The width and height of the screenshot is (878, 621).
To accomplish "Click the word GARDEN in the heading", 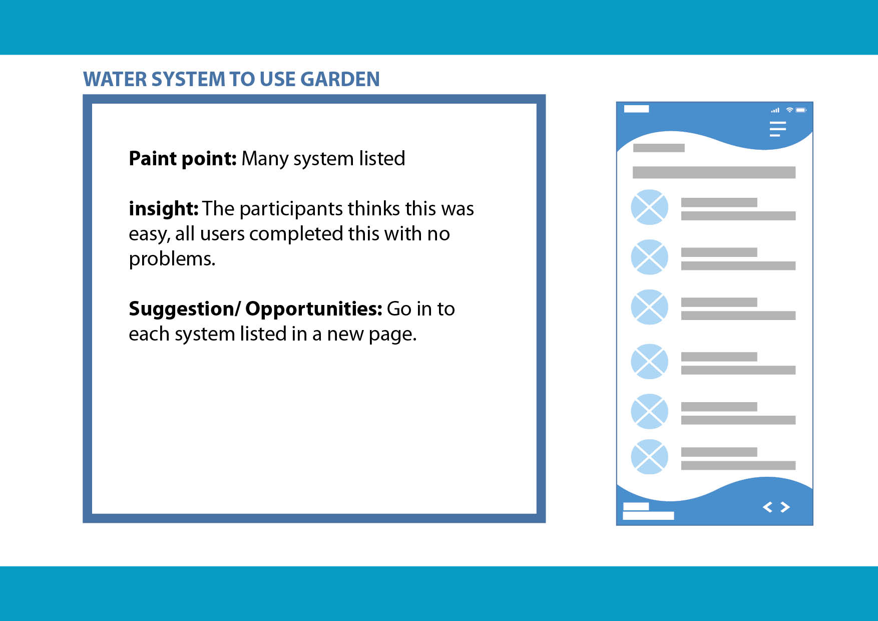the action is point(340,79).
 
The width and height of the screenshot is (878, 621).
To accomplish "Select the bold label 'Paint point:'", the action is point(183,159).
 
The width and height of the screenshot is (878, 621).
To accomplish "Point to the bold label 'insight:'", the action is point(164,208).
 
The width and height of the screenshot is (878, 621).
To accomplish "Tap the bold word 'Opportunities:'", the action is point(314,309).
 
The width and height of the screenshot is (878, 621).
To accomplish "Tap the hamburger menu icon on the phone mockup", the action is point(778,129).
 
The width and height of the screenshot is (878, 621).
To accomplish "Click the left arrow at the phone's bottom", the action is point(767,507).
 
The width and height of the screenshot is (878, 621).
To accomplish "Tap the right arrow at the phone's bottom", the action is point(785,507).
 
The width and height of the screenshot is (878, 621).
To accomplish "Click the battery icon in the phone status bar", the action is point(801,110).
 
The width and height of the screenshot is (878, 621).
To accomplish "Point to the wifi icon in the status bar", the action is point(789,110).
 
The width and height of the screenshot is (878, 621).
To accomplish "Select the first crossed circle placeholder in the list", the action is point(650,207).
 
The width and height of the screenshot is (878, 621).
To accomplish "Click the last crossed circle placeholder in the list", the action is point(650,457).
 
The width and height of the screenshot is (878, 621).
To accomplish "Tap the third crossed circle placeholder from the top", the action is point(650,307).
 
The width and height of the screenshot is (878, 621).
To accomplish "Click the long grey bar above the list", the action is point(714,172).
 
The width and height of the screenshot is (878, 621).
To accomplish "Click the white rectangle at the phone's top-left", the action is point(636,109).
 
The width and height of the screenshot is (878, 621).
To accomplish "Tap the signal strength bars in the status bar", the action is point(775,110).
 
